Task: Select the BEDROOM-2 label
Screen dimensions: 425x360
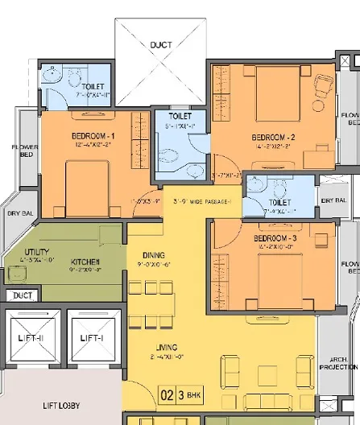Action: click(x=273, y=138)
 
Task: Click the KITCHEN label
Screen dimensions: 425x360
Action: click(x=85, y=262)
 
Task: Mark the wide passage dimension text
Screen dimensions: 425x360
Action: click(x=198, y=200)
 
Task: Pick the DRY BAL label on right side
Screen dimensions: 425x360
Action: click(x=333, y=200)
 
